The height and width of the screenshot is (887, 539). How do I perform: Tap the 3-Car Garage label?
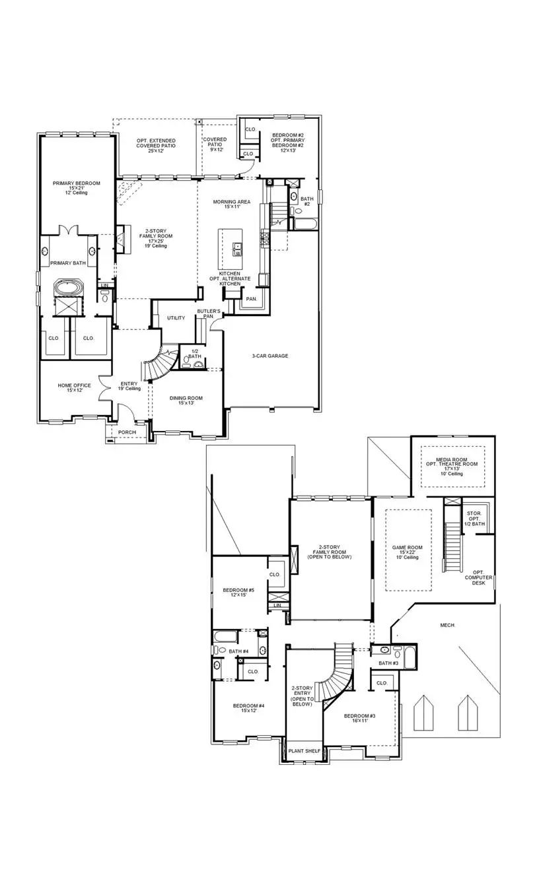pyautogui.click(x=269, y=356)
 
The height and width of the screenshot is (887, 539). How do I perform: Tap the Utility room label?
pyautogui.click(x=176, y=318)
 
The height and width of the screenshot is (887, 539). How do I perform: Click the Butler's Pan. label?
pyautogui.click(x=209, y=313)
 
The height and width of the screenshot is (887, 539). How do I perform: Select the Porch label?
pyautogui.click(x=127, y=433)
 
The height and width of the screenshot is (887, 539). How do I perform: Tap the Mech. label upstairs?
pyautogui.click(x=449, y=624)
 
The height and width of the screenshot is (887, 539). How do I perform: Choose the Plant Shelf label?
pyautogui.click(x=305, y=751)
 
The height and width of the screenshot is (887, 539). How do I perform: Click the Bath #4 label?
pyautogui.click(x=238, y=651)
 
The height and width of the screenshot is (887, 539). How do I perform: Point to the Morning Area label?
pyautogui.click(x=230, y=205)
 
